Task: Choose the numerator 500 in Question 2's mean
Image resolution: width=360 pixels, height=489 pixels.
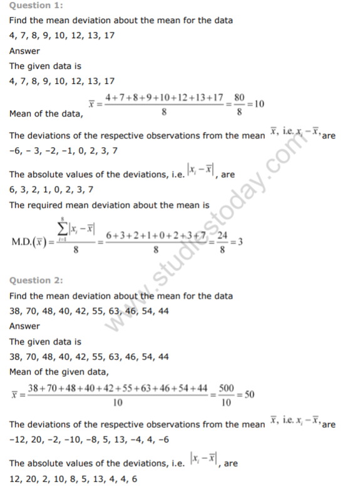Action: click(227, 389)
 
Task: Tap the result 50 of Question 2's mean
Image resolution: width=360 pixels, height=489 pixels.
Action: click(249, 395)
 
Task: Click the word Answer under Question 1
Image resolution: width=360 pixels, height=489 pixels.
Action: click(24, 51)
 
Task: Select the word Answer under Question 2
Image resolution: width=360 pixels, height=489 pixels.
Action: click(24, 326)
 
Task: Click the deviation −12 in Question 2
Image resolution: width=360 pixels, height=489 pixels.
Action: click(18, 440)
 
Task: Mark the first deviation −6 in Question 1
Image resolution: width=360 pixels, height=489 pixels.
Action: click(16, 151)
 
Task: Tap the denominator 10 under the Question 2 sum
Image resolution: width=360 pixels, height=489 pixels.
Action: click(118, 404)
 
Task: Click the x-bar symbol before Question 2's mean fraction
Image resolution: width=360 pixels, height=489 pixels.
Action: click(14, 396)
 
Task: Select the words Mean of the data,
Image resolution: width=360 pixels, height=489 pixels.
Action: click(46, 113)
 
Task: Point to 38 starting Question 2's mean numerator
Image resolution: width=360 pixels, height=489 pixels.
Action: click(34, 389)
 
